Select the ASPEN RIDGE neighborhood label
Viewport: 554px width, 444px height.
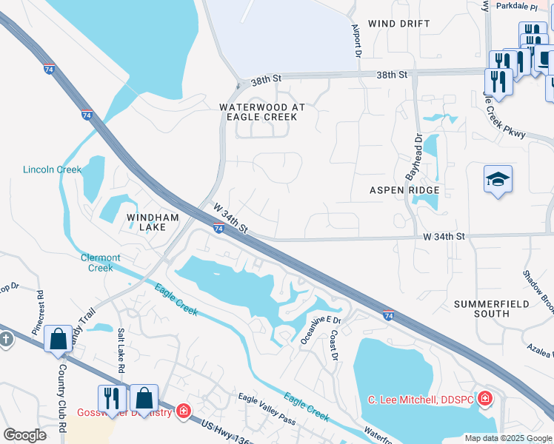tap(404, 190)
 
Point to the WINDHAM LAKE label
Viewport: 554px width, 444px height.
tap(153, 222)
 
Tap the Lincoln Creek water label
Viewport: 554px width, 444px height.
tap(52, 169)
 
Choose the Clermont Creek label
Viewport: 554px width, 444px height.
tap(101, 263)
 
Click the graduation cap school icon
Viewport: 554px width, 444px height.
tap(498, 180)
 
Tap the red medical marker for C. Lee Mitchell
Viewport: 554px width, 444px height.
tap(484, 400)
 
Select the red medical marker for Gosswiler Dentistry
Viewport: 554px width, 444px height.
tap(183, 411)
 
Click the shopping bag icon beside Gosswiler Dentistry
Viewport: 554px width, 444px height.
tap(145, 398)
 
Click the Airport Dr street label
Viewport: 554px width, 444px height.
tap(356, 41)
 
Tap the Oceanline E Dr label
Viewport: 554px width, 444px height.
tap(319, 330)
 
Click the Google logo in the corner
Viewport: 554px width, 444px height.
tap(25, 435)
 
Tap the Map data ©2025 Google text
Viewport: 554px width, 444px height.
tap(507, 438)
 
